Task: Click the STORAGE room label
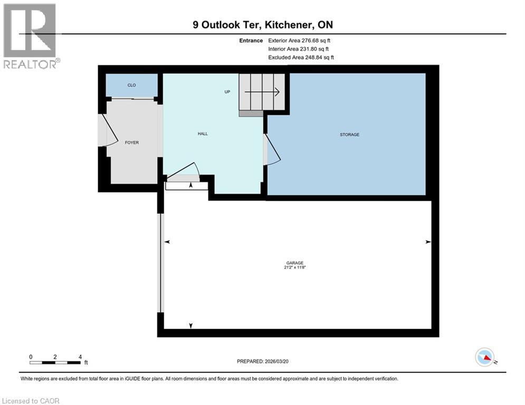point(349,134)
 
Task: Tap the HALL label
point(203,133)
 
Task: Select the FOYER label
point(131,142)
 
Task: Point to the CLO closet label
point(131,85)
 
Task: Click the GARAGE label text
point(295,263)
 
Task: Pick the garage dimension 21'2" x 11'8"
point(295,268)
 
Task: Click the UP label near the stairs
point(227,92)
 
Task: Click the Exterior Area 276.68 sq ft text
point(300,41)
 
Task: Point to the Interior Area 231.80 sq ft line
point(298,49)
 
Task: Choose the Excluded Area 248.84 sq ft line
point(301,57)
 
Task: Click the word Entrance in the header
point(250,41)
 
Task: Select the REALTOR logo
point(30,36)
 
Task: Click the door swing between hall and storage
point(271,149)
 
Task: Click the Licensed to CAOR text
point(30,401)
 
